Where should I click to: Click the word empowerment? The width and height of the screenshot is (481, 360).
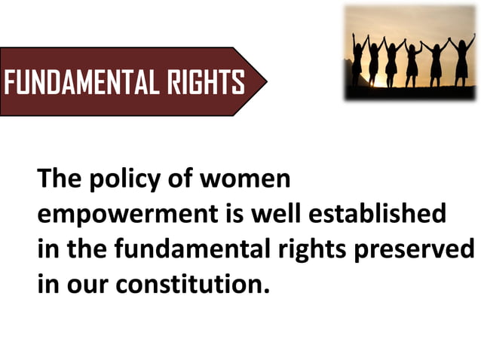(x=124, y=215)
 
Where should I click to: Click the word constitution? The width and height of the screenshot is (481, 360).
(x=189, y=284)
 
